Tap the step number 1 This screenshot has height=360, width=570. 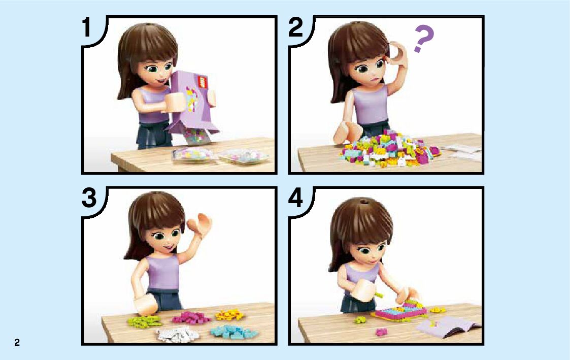click(86, 27)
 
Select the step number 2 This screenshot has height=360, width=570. click(295, 27)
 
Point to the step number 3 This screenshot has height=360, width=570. click(89, 198)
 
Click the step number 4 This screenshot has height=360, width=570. click(295, 198)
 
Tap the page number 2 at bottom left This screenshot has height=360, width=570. click(17, 342)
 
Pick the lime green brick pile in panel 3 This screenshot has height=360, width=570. click(144, 321)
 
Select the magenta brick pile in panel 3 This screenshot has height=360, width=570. click(191, 317)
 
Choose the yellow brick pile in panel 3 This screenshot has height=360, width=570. click(229, 314)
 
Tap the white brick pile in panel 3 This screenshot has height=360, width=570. click(177, 334)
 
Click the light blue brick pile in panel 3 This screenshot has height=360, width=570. click(233, 331)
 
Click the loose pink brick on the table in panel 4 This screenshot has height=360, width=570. click(381, 332)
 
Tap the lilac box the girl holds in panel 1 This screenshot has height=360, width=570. click(193, 102)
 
